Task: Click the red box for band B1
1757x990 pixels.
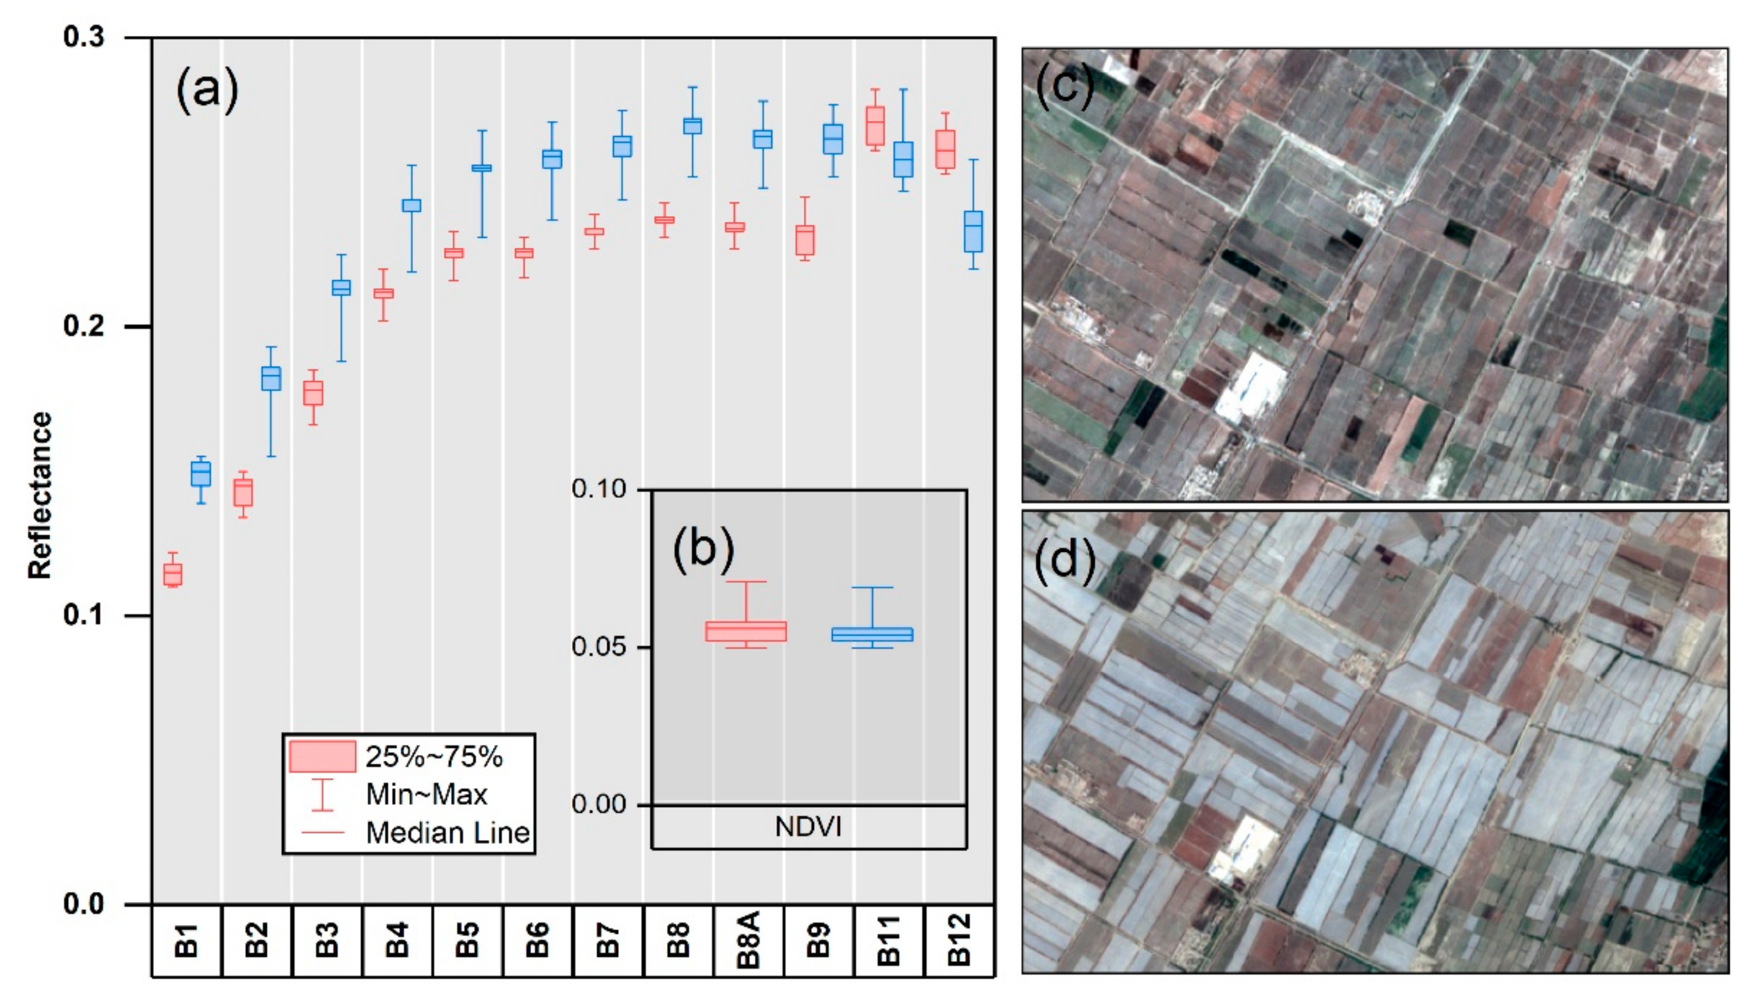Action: coord(173,574)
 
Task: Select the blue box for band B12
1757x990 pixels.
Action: coord(973,232)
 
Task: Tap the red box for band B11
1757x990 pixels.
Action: coord(875,126)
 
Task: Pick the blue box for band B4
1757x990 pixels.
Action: coord(411,205)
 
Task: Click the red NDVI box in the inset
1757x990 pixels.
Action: coord(746,631)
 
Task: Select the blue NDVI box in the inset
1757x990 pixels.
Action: coord(872,635)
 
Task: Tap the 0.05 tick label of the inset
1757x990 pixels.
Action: coord(598,646)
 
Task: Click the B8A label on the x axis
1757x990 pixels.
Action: coord(748,941)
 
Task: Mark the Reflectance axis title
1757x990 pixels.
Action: coord(40,496)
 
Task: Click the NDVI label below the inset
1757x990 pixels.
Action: coord(808,827)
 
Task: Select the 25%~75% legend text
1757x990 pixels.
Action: coord(434,757)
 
